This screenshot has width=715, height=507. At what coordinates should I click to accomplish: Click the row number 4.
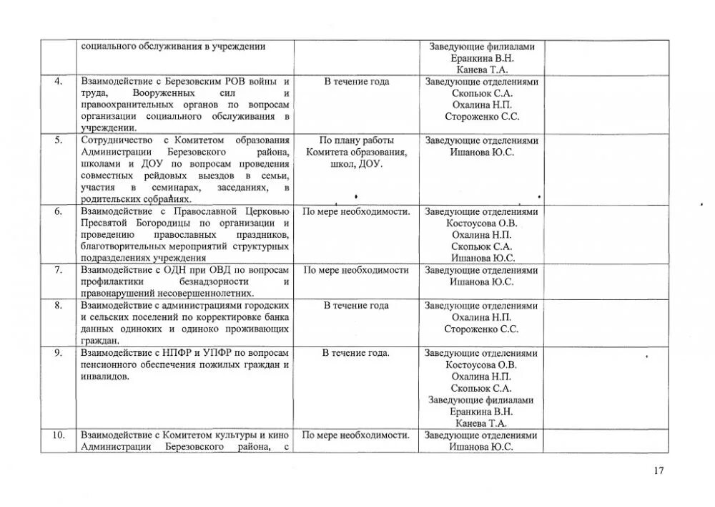point(58,82)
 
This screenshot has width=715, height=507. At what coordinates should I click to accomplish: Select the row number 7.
point(58,271)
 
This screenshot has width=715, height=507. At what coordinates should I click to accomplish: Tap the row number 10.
point(58,435)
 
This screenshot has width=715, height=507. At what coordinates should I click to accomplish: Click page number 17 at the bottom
point(659,470)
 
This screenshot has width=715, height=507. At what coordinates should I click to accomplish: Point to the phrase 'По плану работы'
point(356,140)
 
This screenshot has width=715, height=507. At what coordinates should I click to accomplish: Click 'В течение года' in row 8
point(356,306)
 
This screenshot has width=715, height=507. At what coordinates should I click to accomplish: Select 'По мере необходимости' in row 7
point(356,271)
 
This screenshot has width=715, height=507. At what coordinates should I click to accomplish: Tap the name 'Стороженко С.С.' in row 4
point(482,117)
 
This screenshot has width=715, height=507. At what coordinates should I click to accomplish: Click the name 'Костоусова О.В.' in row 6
point(482,223)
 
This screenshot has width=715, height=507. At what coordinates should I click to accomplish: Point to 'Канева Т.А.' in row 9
point(482,423)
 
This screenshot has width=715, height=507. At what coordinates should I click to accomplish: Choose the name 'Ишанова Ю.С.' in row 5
point(482,153)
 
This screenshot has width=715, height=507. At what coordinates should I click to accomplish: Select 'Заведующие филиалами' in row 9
point(482,400)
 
